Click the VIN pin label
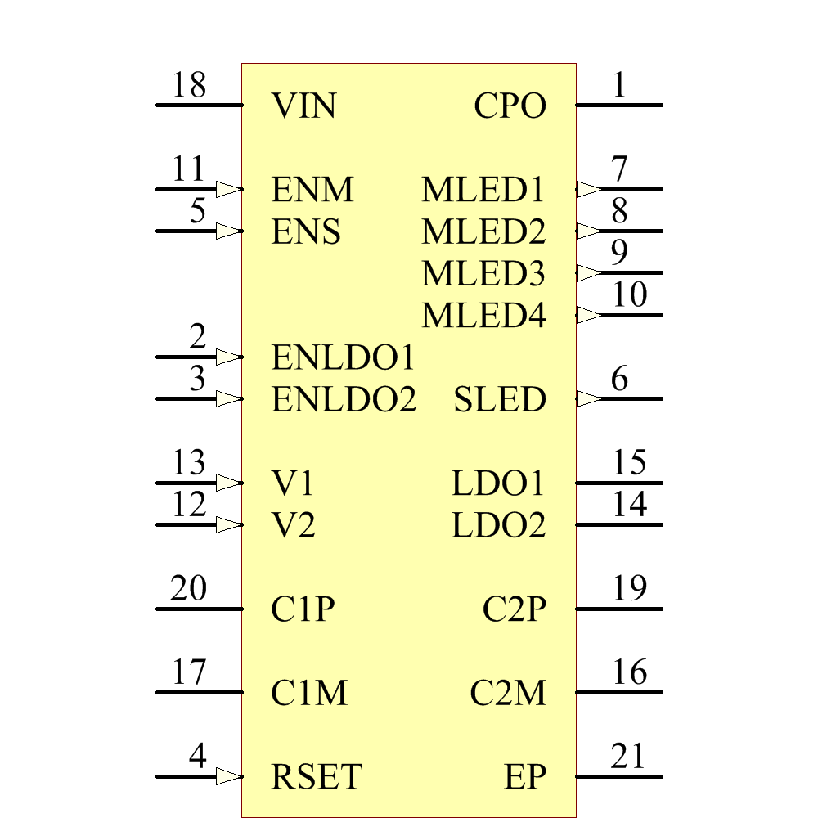[303, 106]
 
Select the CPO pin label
[510, 106]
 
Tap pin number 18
[189, 85]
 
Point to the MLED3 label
[483, 274]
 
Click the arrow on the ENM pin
[229, 189]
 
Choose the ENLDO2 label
[344, 400]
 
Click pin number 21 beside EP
[628, 757]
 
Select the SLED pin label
[500, 400]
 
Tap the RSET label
[317, 777]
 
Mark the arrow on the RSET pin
[229, 776]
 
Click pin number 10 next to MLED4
[629, 295]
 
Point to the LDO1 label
[497, 484]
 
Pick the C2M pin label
[508, 694]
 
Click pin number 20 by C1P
[189, 589]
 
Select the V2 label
[293, 526]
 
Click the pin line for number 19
[619, 609]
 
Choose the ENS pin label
[306, 232]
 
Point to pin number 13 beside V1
[189, 463]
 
